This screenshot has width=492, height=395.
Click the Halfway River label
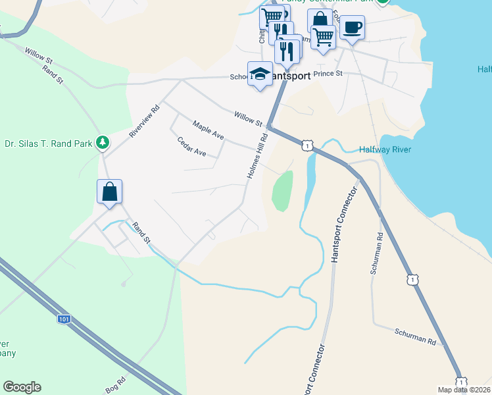[385, 150]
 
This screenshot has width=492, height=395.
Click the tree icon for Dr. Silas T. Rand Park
[102, 142]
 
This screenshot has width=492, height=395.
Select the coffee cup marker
[353, 28]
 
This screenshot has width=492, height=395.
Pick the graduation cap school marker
[260, 74]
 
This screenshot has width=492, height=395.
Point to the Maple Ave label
[208, 130]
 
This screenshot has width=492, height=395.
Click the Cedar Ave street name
[191, 147]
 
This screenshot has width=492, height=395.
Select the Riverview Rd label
[145, 121]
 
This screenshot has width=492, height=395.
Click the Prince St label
[329, 74]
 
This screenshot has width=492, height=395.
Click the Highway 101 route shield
[63, 319]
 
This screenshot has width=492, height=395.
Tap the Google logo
[22, 387]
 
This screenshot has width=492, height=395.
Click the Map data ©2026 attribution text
[463, 390]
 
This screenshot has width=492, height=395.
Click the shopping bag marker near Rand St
[110, 192]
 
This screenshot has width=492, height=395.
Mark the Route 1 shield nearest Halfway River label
[307, 144]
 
